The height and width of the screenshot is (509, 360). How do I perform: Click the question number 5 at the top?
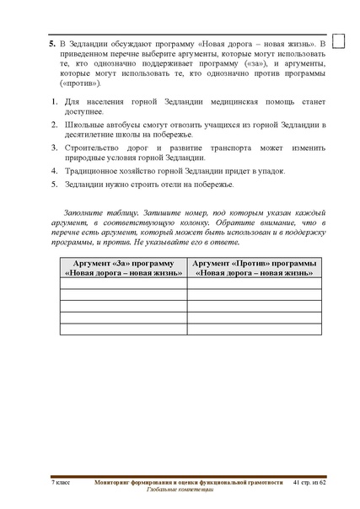(x=51, y=41)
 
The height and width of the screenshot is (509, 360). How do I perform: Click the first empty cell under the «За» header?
(x=123, y=283)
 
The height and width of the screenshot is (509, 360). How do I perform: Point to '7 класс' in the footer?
(x=62, y=481)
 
